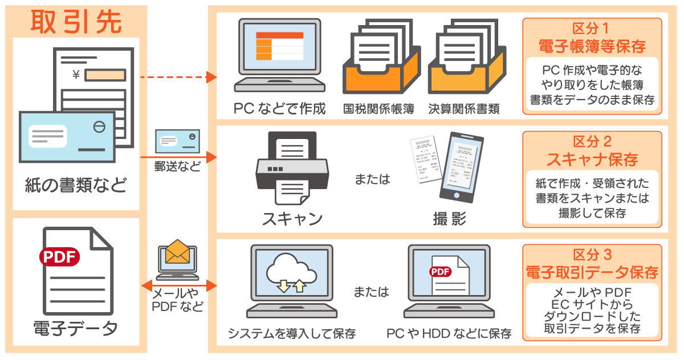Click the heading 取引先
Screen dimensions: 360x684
click(x=76, y=22)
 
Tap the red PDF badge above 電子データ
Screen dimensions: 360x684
click(x=59, y=256)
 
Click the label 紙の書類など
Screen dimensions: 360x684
click(x=76, y=185)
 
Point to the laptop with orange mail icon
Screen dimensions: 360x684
click(x=177, y=259)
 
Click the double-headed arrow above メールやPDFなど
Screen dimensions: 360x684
click(x=178, y=284)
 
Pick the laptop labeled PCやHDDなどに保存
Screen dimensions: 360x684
click(x=449, y=281)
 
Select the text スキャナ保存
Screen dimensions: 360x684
click(x=591, y=159)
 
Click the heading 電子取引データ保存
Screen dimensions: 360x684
click(x=591, y=272)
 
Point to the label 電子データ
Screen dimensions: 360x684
click(x=76, y=329)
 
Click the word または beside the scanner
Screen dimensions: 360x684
click(x=372, y=179)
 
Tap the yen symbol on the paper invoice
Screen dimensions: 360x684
click(x=76, y=73)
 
